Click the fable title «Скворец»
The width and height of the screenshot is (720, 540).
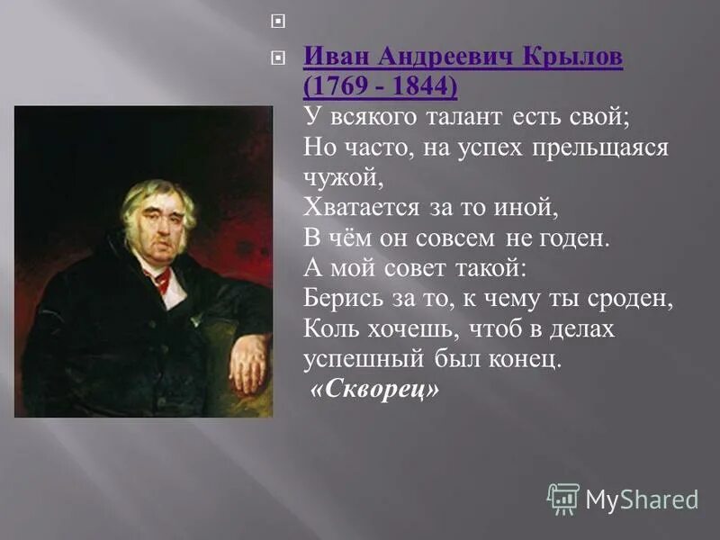(374, 391)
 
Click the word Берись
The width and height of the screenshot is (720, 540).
(337, 300)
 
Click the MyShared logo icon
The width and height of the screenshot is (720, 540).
(563, 499)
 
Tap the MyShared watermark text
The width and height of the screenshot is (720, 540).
(642, 499)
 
